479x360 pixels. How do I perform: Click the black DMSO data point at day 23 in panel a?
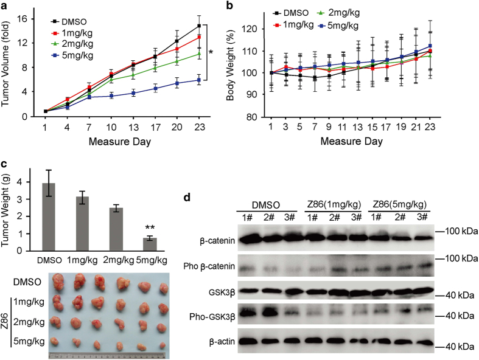[x=199, y=26]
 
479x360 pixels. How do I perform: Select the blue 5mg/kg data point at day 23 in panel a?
[x=199, y=80]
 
